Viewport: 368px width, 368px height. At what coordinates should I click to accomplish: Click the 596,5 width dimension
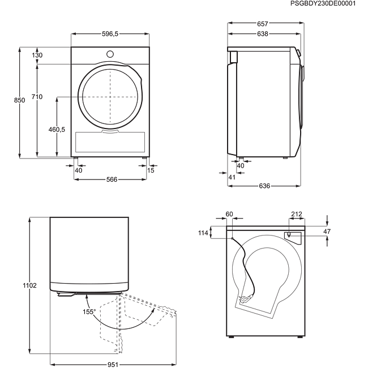coord(110,35)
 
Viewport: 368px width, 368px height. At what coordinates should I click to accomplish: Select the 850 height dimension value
coord(20,100)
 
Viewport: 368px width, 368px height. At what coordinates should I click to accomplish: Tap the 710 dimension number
coord(37,97)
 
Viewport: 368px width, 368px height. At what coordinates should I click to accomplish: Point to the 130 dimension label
coord(37,55)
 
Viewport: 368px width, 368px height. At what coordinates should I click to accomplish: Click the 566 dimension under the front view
coord(112,179)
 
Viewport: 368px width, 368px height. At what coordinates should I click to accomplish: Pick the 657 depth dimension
coord(262,24)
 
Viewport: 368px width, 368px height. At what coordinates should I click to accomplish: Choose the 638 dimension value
coord(262,34)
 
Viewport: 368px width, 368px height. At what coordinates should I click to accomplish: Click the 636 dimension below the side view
coord(264,186)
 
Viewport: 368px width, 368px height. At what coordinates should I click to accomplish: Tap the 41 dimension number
coord(231,178)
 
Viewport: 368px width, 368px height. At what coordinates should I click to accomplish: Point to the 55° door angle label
coord(91,311)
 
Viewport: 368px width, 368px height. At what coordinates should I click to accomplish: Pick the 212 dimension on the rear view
coord(296,214)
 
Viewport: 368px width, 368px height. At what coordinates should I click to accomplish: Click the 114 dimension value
coord(203,233)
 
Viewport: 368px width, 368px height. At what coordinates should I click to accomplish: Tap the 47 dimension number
coord(326,231)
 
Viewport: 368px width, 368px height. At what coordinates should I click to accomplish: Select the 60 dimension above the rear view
coord(229,214)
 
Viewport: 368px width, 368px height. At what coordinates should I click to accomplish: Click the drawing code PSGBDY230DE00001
coord(323,3)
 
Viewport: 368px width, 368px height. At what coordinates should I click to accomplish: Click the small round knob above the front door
coord(110,54)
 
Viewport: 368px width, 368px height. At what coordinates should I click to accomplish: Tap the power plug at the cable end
coord(245,299)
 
